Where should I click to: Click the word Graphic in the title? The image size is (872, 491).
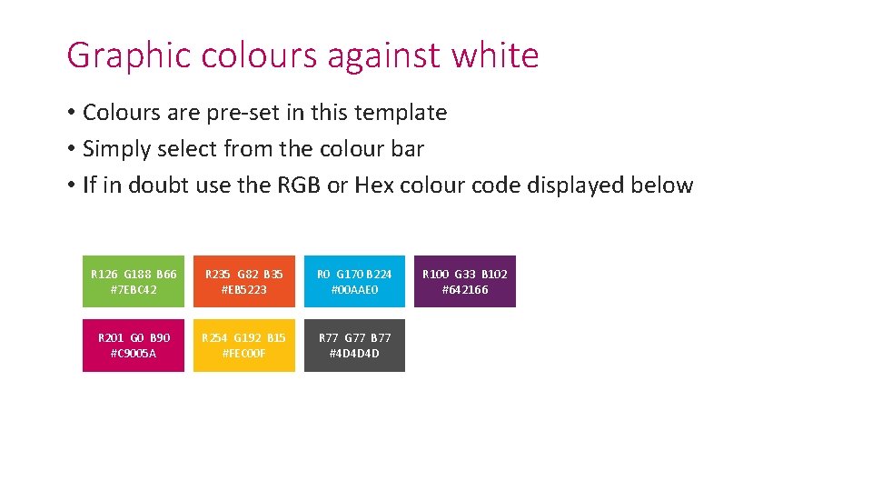click(129, 55)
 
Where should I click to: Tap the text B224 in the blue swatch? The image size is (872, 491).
click(379, 274)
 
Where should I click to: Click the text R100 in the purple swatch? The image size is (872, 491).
click(436, 274)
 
